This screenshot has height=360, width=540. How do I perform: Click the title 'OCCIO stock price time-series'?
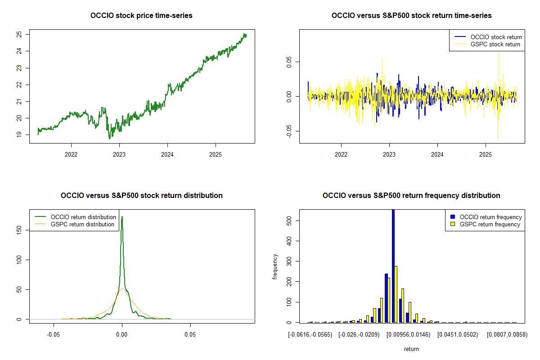pos(141,16)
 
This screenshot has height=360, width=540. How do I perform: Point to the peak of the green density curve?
pos(122,216)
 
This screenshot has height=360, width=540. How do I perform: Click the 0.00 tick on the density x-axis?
pos(122,335)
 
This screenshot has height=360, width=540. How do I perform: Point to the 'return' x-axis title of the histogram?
pos(411,349)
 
